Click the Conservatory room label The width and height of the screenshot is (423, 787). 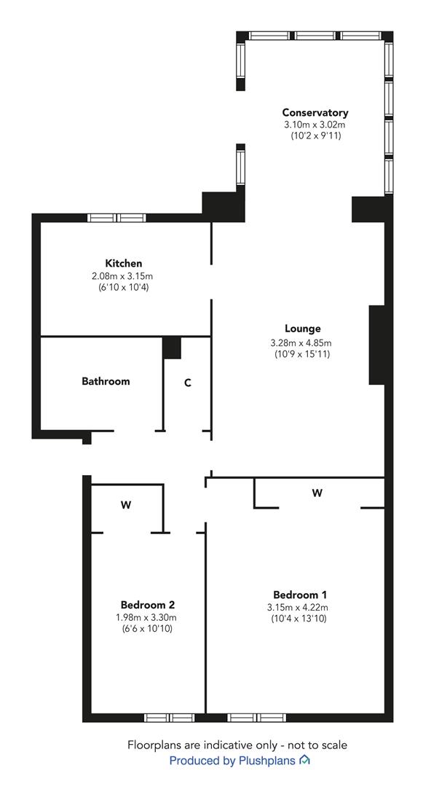315,112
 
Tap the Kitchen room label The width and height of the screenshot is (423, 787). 123,263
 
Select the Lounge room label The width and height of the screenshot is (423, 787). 302,329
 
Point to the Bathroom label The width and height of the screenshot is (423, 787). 106,381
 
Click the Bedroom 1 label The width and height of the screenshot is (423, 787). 300,595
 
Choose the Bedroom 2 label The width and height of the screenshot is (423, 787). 147,604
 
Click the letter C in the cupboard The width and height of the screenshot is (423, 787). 187,383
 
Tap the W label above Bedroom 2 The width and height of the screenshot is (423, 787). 126,505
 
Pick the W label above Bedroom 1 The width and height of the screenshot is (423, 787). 317,493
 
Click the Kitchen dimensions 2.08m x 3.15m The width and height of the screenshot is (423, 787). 123,276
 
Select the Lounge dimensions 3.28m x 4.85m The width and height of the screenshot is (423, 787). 301,343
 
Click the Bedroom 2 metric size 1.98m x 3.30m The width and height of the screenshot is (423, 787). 147,617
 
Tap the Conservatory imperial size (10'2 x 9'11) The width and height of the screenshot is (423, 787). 315,136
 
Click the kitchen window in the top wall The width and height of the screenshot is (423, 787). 116,218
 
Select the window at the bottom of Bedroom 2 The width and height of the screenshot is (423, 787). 169,718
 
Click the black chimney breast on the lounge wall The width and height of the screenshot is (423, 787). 377,345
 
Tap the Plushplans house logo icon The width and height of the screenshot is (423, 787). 304,760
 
